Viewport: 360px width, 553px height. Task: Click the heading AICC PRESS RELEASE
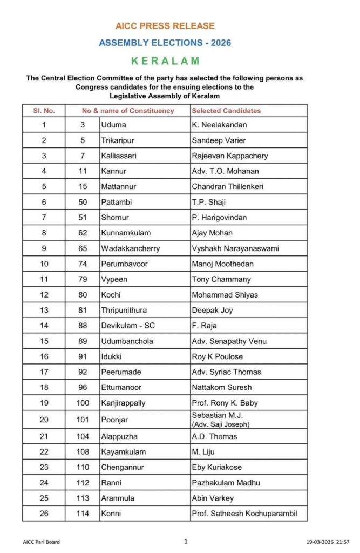[165, 26]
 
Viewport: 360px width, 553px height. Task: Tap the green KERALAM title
[165, 61]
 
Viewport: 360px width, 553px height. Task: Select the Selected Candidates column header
[226, 111]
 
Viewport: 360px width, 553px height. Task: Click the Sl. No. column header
[43, 111]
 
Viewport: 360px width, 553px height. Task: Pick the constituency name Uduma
[112, 125]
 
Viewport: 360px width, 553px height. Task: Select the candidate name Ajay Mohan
[212, 233]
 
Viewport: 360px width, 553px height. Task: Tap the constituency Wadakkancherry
[130, 248]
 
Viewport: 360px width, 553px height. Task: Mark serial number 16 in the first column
[44, 356]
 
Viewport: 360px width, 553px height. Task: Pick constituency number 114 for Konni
[82, 513]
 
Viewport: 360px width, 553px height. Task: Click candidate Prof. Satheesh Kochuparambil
[244, 513]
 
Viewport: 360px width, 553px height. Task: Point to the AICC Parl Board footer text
[42, 542]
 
